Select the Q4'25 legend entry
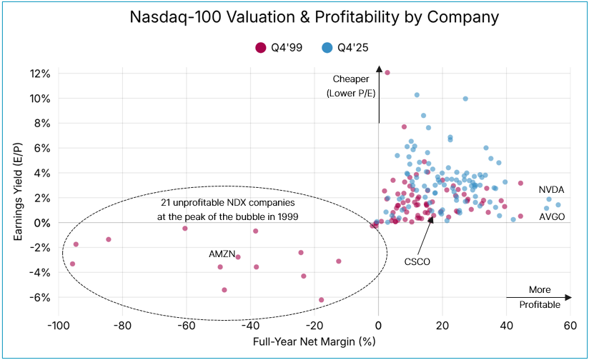(343, 48)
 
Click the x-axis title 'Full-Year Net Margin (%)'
(315, 342)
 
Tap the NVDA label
(552, 190)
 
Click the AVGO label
(552, 216)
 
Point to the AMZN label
(221, 254)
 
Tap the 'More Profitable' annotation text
(540, 297)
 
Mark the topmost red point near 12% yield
(387, 72)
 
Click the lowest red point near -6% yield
(321, 300)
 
